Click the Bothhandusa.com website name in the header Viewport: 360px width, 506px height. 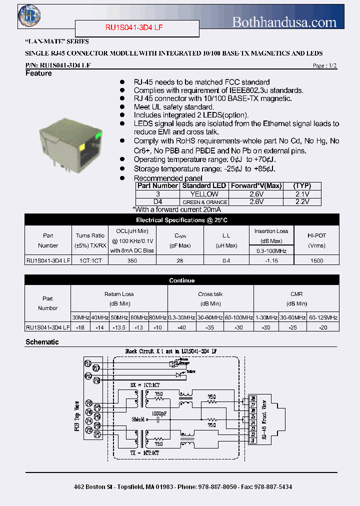284,22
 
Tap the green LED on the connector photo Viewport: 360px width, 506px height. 98,133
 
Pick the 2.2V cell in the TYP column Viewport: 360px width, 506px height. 302,202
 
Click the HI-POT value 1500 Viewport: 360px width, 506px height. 316,260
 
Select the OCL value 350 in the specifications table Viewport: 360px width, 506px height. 132,260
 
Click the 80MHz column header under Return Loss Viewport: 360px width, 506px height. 157,317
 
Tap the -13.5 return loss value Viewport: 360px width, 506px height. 118,327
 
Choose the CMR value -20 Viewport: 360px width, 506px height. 322,327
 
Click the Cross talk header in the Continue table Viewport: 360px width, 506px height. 210,294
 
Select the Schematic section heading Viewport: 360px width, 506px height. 42,342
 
